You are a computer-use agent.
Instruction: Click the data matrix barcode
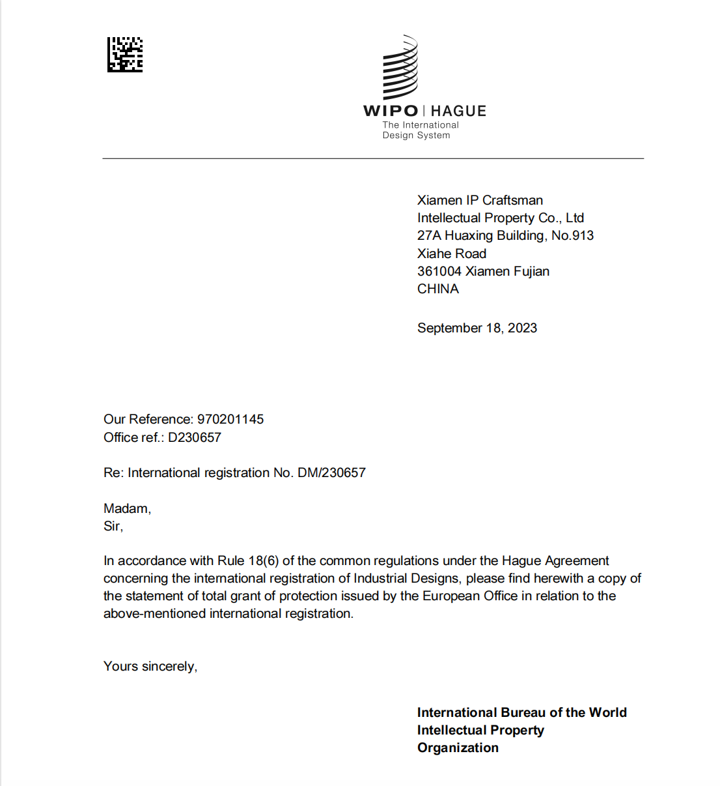point(125,55)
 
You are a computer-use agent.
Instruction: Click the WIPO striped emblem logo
point(400,68)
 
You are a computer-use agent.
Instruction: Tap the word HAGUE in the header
point(458,111)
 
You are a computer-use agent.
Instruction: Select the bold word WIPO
point(391,111)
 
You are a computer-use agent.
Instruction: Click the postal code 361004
point(439,271)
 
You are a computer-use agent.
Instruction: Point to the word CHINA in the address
point(438,289)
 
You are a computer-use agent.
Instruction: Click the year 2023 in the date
point(522,328)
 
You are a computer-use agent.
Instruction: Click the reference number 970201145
point(230,419)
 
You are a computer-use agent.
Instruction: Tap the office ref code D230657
point(195,437)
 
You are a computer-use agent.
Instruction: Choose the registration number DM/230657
point(331,473)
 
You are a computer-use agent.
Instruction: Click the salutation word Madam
point(126,508)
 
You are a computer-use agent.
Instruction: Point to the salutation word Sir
point(112,526)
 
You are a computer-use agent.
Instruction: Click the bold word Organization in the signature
point(458,748)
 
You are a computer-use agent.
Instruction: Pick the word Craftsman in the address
point(512,200)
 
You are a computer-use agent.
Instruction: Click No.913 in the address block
point(572,235)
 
